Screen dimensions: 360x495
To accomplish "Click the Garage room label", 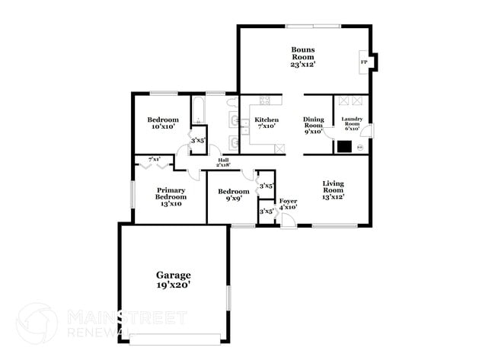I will [174, 275].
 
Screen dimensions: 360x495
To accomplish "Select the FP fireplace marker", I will [363, 62].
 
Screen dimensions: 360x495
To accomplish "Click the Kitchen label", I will [266, 120].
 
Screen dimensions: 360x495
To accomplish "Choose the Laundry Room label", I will [351, 122].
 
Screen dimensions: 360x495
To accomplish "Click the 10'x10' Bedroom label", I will [163, 123].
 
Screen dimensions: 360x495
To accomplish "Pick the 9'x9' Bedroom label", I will [233, 195].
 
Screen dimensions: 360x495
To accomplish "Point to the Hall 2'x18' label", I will [223, 161].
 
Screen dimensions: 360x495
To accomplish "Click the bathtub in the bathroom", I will [197, 110].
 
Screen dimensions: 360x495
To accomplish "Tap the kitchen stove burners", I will [266, 100].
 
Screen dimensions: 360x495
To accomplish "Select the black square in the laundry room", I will [344, 147].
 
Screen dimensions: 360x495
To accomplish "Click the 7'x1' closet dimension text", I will [155, 159].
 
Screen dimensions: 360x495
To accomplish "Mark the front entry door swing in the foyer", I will [287, 220].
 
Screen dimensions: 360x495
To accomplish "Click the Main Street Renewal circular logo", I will [37, 322].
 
